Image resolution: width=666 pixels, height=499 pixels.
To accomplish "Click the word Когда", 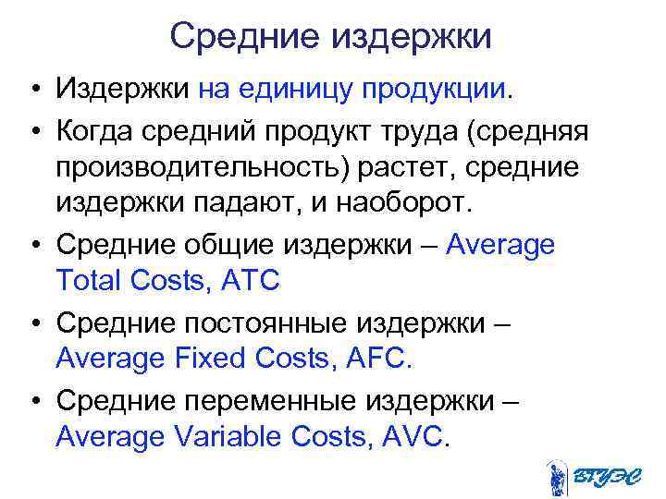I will [95, 129].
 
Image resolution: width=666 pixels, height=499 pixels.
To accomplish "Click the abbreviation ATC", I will [250, 280].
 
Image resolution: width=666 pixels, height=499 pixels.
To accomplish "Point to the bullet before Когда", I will [31, 129].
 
